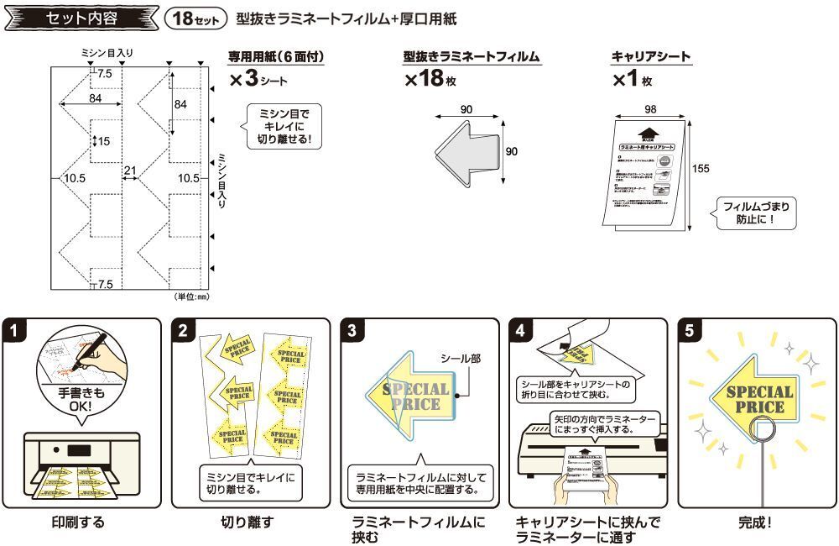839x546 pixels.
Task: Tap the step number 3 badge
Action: pos(352,330)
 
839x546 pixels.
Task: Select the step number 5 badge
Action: pos(690,330)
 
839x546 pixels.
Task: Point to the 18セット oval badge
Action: pos(193,18)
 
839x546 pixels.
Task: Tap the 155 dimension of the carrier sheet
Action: pos(701,168)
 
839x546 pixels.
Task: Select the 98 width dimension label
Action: pos(650,110)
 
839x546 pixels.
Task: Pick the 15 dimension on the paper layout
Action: pos(103,141)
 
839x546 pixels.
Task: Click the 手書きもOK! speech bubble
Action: pos(81,398)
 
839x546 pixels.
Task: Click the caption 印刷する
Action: pos(79,522)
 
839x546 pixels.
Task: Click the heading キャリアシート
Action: pos(651,57)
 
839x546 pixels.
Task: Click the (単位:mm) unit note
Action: pos(191,297)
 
